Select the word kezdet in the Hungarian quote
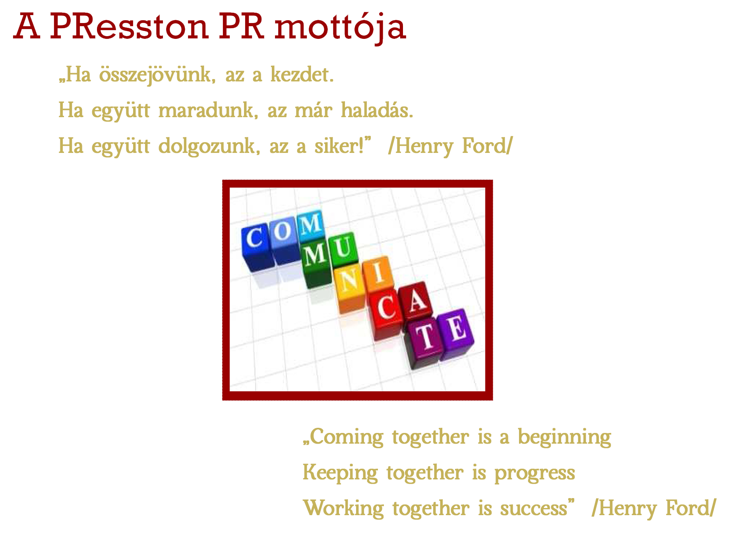pos(302,74)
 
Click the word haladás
pos(377,110)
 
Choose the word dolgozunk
pos(209,146)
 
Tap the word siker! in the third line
pos(339,146)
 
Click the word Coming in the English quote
pos(346,437)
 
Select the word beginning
pos(564,437)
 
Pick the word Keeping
pos(340,473)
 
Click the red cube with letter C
pos(385,314)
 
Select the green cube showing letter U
pos(343,250)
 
